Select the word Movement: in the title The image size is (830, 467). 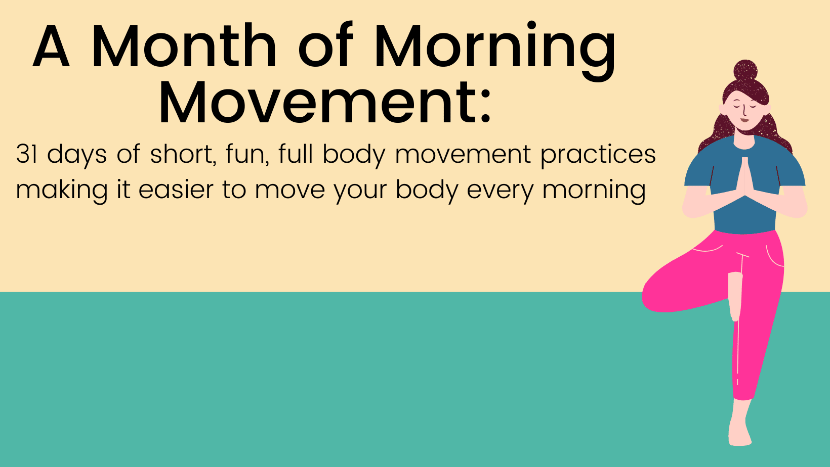coord(325,103)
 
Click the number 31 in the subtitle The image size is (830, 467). coord(27,154)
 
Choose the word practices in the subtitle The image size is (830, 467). coord(598,156)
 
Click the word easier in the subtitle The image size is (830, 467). coord(176,190)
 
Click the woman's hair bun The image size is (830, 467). coord(745,71)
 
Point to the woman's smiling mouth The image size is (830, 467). coord(744,120)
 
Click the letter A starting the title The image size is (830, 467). coord(51,45)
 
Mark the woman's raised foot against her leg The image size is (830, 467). coord(734,297)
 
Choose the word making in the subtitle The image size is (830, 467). coord(62,191)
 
